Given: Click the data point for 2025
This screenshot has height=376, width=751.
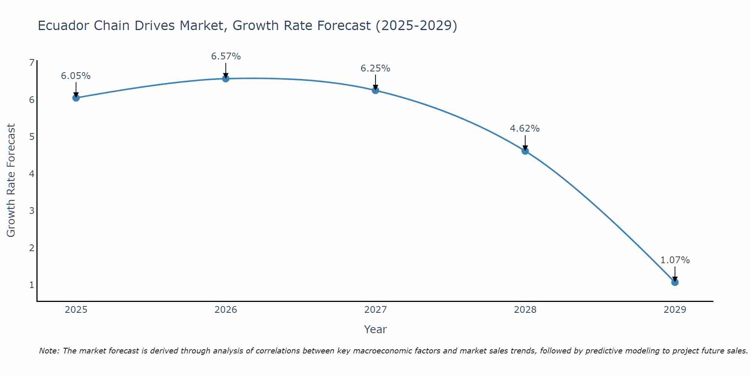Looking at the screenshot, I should point(76,98).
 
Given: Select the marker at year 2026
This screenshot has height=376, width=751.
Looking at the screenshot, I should point(226,79).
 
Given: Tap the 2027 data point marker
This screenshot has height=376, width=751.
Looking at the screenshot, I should point(375,90).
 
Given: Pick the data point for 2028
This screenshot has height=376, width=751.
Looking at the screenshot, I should point(525,151).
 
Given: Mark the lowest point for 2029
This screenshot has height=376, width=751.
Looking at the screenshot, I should point(675,282).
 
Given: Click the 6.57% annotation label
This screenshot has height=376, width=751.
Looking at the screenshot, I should point(226,56).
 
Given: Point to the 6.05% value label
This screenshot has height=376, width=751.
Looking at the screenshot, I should point(76,76).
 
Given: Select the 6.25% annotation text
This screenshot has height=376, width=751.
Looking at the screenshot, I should point(375,68).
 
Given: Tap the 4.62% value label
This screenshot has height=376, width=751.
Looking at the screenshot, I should point(525,129).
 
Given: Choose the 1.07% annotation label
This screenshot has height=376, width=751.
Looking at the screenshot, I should point(675,260).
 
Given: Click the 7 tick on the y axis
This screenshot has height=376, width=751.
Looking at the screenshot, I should point(32,63).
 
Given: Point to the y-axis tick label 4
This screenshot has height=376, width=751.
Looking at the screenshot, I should point(32,174).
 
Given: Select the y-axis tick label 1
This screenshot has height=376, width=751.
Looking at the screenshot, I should point(32,285).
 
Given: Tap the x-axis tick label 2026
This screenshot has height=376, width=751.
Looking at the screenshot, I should point(226,310).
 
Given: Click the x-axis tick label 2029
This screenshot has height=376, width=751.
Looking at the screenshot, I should point(675,310).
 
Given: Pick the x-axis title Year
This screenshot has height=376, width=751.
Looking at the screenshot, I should point(375,329).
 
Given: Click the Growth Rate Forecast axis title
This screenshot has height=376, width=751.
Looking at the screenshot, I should point(11,180).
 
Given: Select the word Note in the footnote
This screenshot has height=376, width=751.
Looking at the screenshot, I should point(48,351).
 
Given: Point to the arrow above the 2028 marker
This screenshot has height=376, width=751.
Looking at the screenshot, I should point(525,142).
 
